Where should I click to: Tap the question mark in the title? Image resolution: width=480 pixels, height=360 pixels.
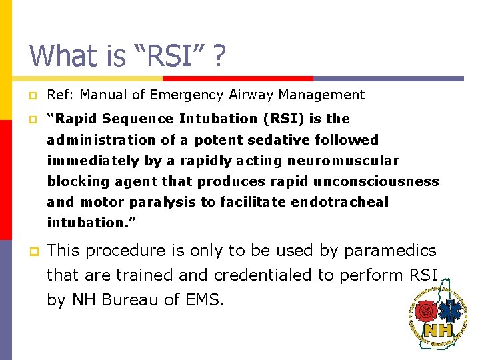(x=217, y=55)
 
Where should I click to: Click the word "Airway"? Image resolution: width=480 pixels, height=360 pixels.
(x=249, y=95)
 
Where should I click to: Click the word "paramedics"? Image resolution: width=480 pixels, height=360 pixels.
(x=390, y=251)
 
